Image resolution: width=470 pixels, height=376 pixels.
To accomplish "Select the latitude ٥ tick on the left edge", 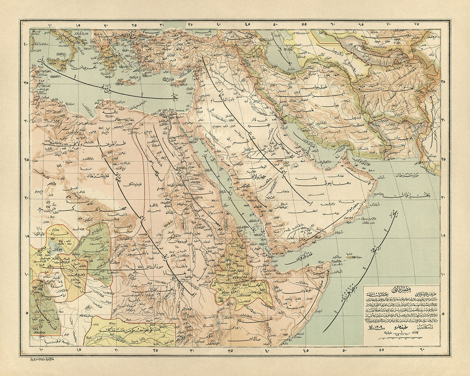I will click(x=25, y=313).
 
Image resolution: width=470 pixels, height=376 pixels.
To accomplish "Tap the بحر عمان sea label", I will click(x=404, y=196).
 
